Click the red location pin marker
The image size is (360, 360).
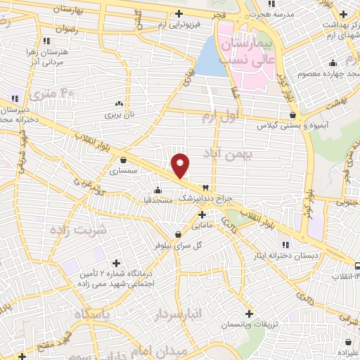(181, 165)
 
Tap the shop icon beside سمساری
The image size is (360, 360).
(124, 160)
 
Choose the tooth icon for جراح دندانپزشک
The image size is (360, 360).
(205, 187)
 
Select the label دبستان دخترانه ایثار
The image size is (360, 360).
(286, 255)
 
